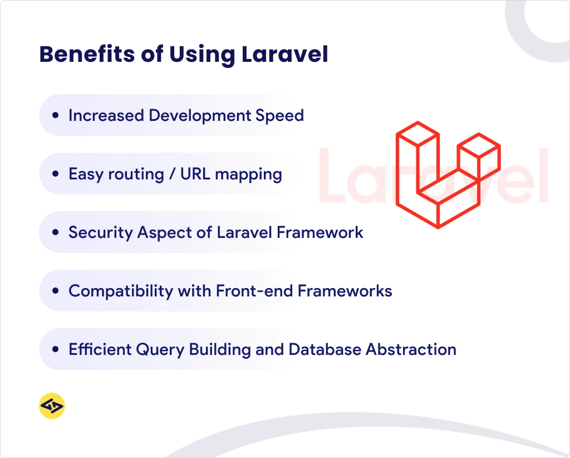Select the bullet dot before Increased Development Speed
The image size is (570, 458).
[55, 116]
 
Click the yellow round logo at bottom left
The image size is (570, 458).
[52, 406]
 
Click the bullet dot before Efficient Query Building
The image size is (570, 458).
[55, 350]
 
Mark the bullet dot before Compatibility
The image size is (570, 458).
[55, 291]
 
